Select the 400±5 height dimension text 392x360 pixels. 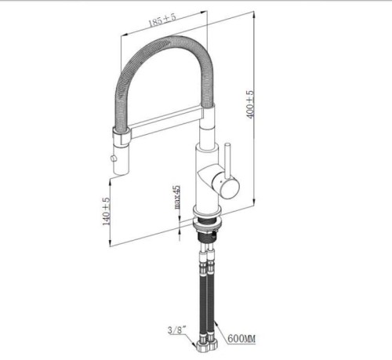tap(250, 104)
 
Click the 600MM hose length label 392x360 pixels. tap(241, 338)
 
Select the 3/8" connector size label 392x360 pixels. tap(177, 330)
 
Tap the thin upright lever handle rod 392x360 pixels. tap(227, 161)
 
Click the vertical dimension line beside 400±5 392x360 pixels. tap(257, 110)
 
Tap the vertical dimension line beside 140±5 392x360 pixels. tap(110, 212)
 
